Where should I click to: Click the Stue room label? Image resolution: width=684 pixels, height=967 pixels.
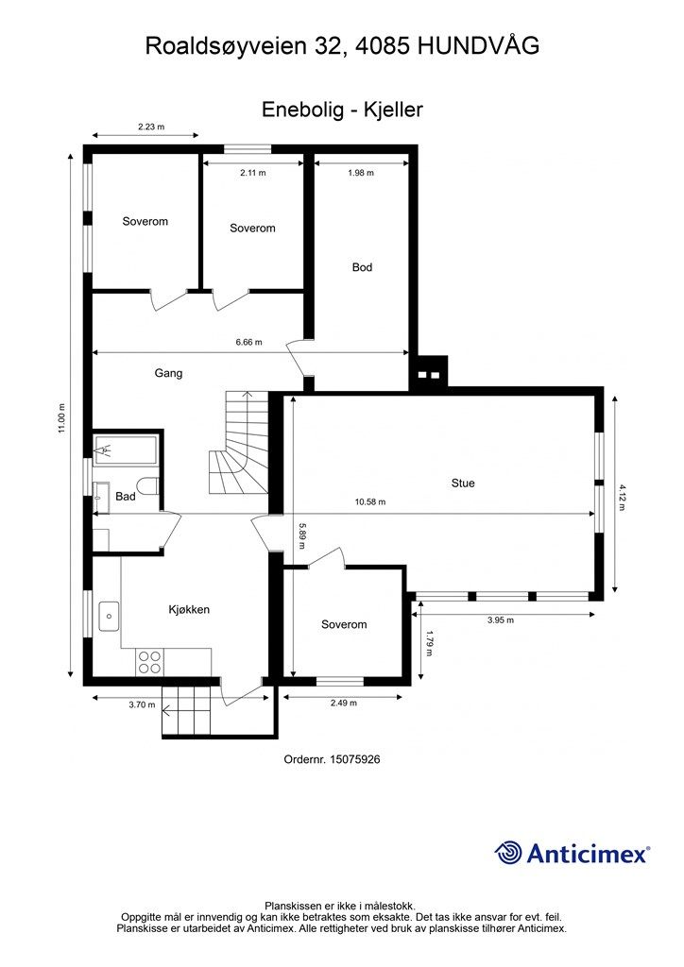point(463,483)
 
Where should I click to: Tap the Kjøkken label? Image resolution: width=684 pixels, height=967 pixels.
point(189,609)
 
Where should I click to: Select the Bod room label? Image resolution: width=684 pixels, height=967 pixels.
point(362,267)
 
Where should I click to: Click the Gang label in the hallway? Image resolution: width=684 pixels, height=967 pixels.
point(168,373)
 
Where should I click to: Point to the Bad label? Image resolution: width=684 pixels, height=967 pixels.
point(126,497)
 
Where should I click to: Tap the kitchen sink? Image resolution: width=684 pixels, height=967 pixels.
point(109,616)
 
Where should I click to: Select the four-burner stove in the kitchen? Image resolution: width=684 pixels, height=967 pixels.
point(149,662)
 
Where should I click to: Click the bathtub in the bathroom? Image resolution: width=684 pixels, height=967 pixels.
point(126,450)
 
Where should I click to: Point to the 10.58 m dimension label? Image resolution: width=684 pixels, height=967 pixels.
point(370,502)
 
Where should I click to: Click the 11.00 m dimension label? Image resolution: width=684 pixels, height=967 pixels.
point(61,418)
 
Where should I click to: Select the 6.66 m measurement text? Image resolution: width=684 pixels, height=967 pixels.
point(249,342)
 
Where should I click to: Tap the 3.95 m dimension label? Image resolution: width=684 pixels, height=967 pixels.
point(500,620)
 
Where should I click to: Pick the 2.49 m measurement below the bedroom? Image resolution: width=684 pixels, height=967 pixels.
point(344,703)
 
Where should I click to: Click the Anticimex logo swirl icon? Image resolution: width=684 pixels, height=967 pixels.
point(508,853)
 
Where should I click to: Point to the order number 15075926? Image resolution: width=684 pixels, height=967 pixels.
point(354,759)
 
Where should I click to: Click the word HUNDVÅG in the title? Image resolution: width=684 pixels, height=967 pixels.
point(479,45)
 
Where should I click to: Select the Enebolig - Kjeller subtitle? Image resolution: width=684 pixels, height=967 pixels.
point(342,110)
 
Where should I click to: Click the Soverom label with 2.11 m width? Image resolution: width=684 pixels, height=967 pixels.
point(252,229)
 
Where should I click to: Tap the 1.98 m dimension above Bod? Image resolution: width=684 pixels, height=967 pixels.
point(361,174)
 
